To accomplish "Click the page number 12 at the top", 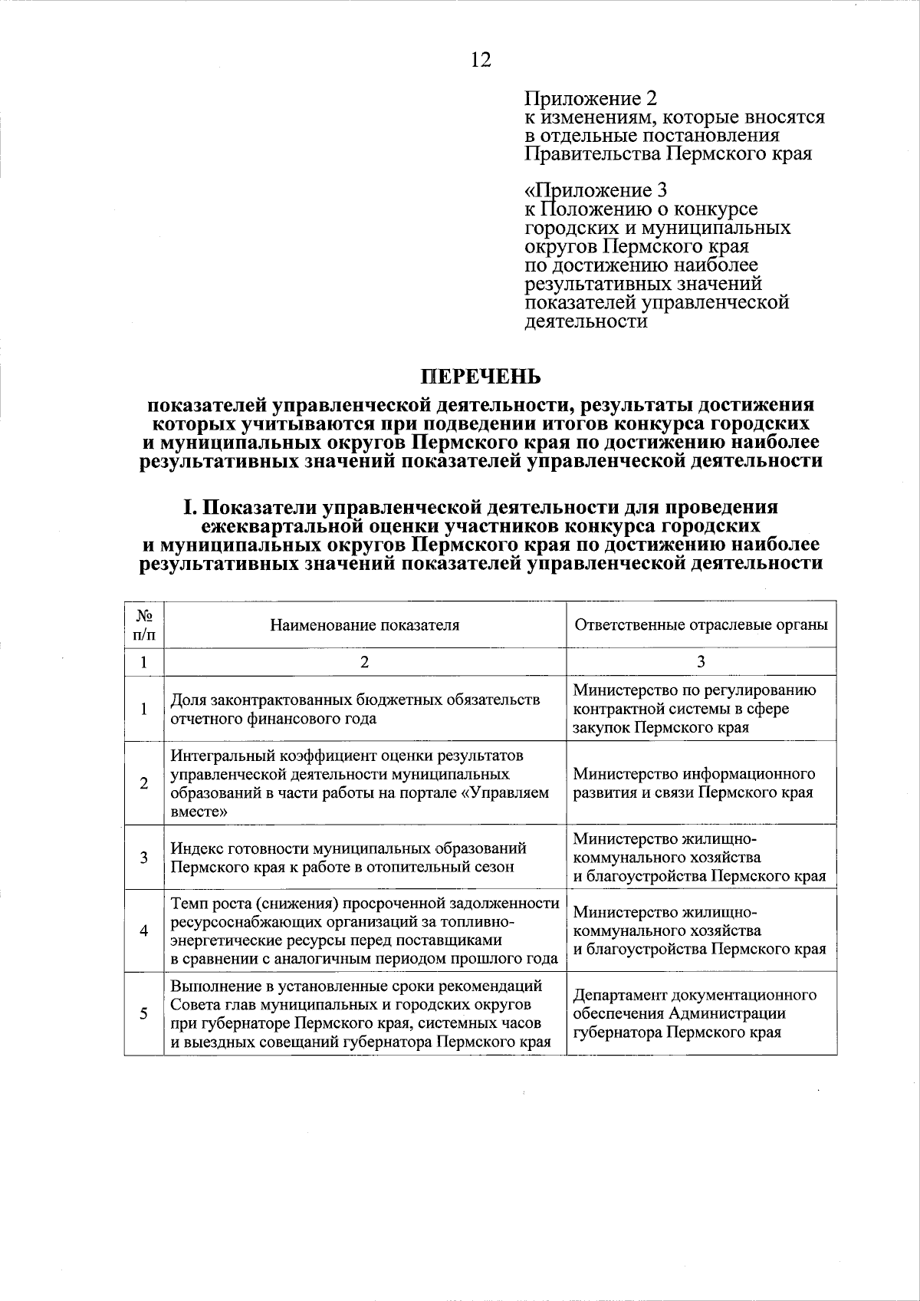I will click(x=481, y=61).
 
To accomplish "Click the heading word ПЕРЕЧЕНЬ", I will click(x=480, y=377).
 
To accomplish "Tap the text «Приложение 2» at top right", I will click(x=590, y=99).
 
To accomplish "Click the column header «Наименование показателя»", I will click(x=364, y=624).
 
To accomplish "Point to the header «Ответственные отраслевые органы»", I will click(x=701, y=624).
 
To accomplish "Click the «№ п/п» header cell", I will click(x=143, y=625).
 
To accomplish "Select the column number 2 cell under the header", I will click(x=364, y=662).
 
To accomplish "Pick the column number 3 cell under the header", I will click(x=701, y=662).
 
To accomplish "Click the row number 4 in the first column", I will click(x=143, y=930).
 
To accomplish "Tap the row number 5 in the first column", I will click(x=143, y=1013).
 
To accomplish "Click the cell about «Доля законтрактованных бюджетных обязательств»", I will click(x=355, y=709).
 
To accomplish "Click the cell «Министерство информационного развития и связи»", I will click(x=693, y=783).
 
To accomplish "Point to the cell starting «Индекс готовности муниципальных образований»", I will click(x=348, y=857).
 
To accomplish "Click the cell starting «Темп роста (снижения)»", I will click(x=364, y=930).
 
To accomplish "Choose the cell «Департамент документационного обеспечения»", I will click(x=694, y=1013).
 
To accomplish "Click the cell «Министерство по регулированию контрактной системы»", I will click(x=694, y=709).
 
